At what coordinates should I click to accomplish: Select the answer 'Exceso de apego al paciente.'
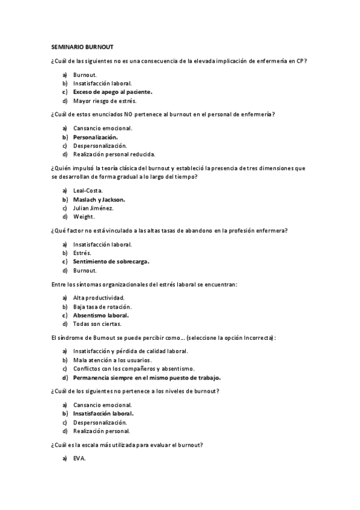pos(112,92)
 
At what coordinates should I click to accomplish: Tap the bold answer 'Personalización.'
pos(95,137)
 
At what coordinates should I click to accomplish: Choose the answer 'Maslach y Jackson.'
pos(99,199)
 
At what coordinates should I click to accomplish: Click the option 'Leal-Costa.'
pos(88,190)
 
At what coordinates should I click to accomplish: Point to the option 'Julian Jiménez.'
pos(93,208)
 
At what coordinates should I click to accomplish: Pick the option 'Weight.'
pos(84,217)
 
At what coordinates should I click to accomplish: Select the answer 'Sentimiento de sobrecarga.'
pos(111,262)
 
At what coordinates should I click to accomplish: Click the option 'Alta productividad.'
pos(99,298)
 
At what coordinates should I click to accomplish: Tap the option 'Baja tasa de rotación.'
pos(102,307)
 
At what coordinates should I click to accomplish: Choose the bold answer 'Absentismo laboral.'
pos(101,315)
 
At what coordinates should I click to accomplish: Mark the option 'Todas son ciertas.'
pos(97,324)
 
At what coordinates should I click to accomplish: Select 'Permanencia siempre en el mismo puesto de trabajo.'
pos(147,378)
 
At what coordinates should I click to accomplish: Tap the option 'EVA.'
pos(79,458)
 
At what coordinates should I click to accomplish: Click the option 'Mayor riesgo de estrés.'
pos(100,101)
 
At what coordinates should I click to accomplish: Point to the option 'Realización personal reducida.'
pos(114,155)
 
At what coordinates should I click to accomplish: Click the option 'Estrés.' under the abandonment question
pos(82,253)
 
